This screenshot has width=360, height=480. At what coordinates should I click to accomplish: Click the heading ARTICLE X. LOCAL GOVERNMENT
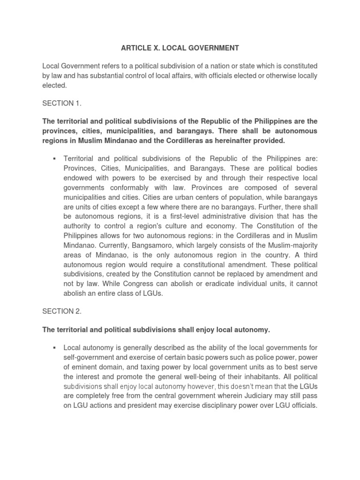coord(180,48)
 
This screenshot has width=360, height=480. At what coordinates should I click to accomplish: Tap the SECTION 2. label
coord(62,311)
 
